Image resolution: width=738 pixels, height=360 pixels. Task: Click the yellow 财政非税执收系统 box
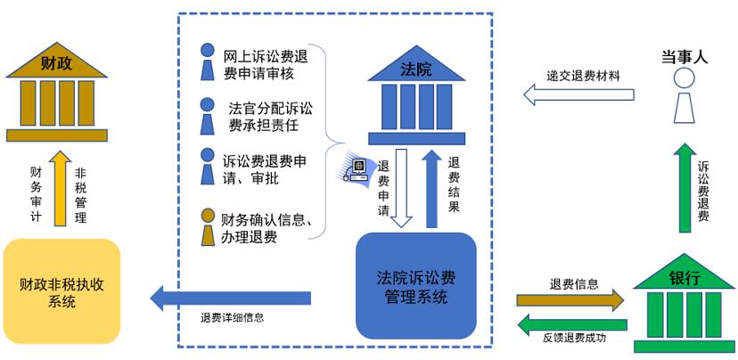[61, 290]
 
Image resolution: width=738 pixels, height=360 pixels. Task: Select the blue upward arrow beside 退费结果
[431, 187]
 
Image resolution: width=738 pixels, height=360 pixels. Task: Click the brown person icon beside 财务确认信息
[208, 227]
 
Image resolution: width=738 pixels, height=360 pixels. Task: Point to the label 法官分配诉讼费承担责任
[266, 116]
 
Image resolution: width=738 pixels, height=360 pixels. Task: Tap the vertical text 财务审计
[36, 191]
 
